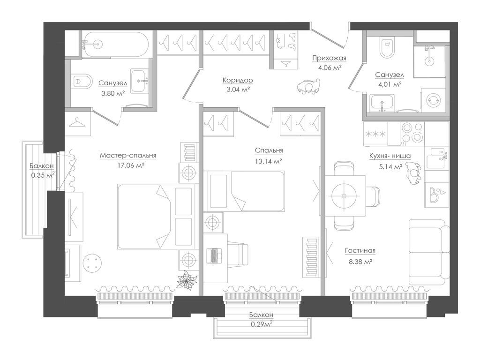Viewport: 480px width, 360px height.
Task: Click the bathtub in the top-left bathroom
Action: (115, 44)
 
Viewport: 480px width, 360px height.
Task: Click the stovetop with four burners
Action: (412, 134)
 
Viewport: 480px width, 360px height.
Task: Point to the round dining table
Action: (345, 196)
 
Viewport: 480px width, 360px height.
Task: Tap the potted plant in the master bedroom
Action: (186, 281)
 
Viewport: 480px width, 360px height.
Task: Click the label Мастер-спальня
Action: (128, 156)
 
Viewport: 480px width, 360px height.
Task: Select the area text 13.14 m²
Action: (268, 161)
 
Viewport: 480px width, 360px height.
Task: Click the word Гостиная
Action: (360, 251)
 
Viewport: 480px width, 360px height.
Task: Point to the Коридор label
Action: (238, 80)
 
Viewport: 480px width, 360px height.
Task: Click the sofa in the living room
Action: (429, 252)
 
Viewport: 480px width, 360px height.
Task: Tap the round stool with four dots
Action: (92, 263)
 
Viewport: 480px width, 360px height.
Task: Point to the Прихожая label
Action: (329, 58)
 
